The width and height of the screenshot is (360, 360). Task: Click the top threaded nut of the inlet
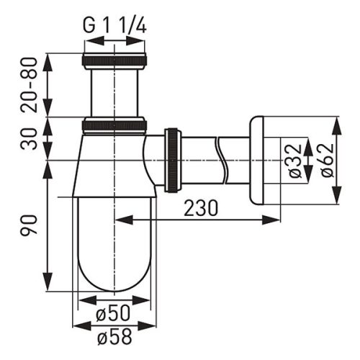pyautogui.click(x=115, y=60)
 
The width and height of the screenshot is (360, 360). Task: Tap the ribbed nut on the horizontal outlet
pyautogui.click(x=174, y=160)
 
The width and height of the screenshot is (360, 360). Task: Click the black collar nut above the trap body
pyautogui.click(x=115, y=125)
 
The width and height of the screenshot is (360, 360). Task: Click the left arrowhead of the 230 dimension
pyautogui.click(x=119, y=217)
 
